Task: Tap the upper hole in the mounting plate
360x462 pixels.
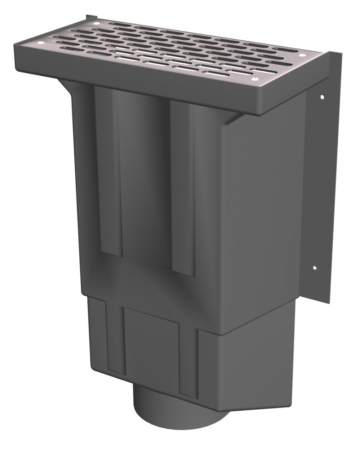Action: click(322, 97)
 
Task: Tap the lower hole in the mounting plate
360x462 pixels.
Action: click(315, 267)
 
